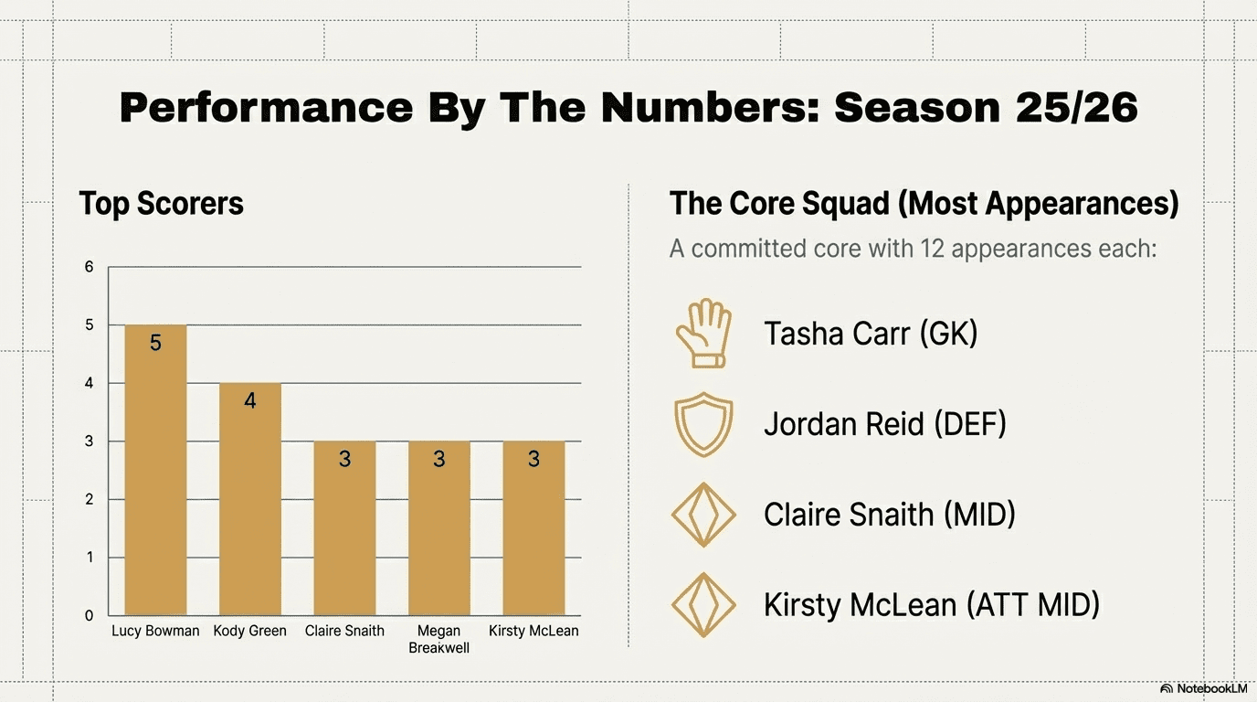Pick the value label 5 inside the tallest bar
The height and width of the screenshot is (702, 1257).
pyautogui.click(x=155, y=343)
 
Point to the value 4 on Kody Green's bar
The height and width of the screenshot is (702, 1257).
pyautogui.click(x=250, y=400)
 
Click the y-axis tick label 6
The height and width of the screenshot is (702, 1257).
pyautogui.click(x=90, y=267)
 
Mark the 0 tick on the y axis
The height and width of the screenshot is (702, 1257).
pyautogui.click(x=90, y=615)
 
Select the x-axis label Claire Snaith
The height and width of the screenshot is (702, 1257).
pyautogui.click(x=344, y=631)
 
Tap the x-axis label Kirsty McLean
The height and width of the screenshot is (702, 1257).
pyautogui.click(x=533, y=631)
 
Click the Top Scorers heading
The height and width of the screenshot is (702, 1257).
pyautogui.click(x=161, y=203)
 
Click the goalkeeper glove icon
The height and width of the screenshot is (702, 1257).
pyautogui.click(x=702, y=334)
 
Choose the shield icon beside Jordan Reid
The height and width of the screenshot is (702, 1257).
pyautogui.click(x=702, y=425)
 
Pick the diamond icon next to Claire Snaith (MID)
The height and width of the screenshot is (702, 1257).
pyautogui.click(x=702, y=515)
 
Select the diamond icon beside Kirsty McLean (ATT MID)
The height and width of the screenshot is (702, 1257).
pyautogui.click(x=702, y=604)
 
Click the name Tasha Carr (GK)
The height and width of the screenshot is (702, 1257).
pyautogui.click(x=871, y=334)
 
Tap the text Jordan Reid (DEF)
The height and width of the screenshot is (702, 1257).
pyautogui.click(x=884, y=424)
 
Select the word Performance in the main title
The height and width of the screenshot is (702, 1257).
pyautogui.click(x=266, y=108)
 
